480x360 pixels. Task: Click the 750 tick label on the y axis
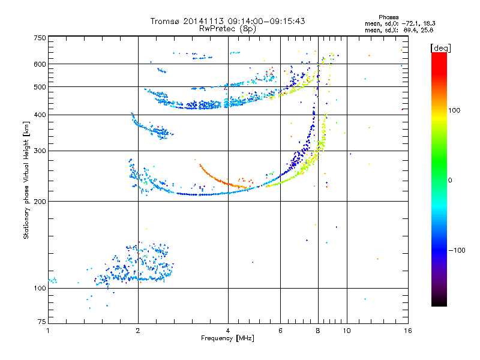coord(40,38)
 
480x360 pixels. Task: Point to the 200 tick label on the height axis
coord(40,202)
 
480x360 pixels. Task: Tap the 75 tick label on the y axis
coord(42,322)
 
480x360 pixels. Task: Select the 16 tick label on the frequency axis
coord(408,331)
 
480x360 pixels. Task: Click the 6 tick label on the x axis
coord(280,331)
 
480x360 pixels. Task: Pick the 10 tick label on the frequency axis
coord(347,331)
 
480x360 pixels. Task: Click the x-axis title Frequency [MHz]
coord(227,338)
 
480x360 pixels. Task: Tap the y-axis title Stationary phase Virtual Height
coord(26,180)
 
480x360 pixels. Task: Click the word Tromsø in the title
coord(165,21)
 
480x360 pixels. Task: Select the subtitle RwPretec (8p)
coord(227,29)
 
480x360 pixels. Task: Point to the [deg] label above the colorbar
coord(440,48)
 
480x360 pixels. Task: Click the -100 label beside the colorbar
coord(457,250)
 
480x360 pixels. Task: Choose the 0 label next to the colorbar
coord(450,181)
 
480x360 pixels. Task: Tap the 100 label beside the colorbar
coord(454,110)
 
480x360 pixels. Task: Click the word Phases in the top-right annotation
coord(388,17)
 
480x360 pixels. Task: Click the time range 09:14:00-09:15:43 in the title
coord(266,21)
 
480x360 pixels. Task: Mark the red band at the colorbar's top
coord(439,61)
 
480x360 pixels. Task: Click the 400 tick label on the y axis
coord(40,115)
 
